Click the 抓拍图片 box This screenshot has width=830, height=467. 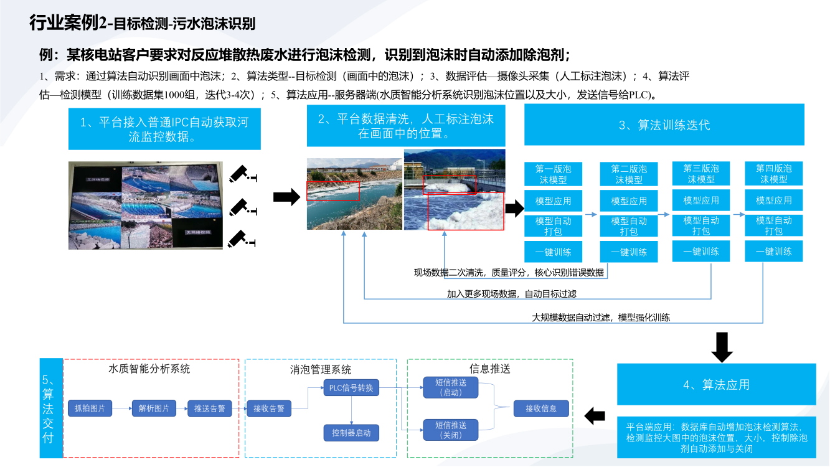[90, 408]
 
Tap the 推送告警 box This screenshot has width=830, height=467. [209, 408]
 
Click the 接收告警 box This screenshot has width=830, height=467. [268, 408]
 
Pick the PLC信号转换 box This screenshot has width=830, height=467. [351, 387]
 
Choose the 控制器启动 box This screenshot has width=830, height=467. [351, 432]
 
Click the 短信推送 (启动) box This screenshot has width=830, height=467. [451, 387]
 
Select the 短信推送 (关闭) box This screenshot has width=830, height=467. [451, 430]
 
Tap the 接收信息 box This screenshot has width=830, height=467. [541, 408]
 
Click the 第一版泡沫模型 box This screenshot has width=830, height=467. [553, 174]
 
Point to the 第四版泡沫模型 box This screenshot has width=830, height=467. [774, 174]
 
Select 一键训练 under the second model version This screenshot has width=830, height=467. [629, 252]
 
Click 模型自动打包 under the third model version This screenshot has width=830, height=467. [701, 225]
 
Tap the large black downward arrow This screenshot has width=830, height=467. [722, 347]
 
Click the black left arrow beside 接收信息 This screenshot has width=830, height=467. [595, 416]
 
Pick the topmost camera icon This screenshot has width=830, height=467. [242, 174]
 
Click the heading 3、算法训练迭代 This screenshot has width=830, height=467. [664, 125]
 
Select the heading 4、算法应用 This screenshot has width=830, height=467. [717, 385]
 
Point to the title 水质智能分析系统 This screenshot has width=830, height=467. [149, 369]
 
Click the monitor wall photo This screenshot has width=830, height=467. [145, 205]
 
